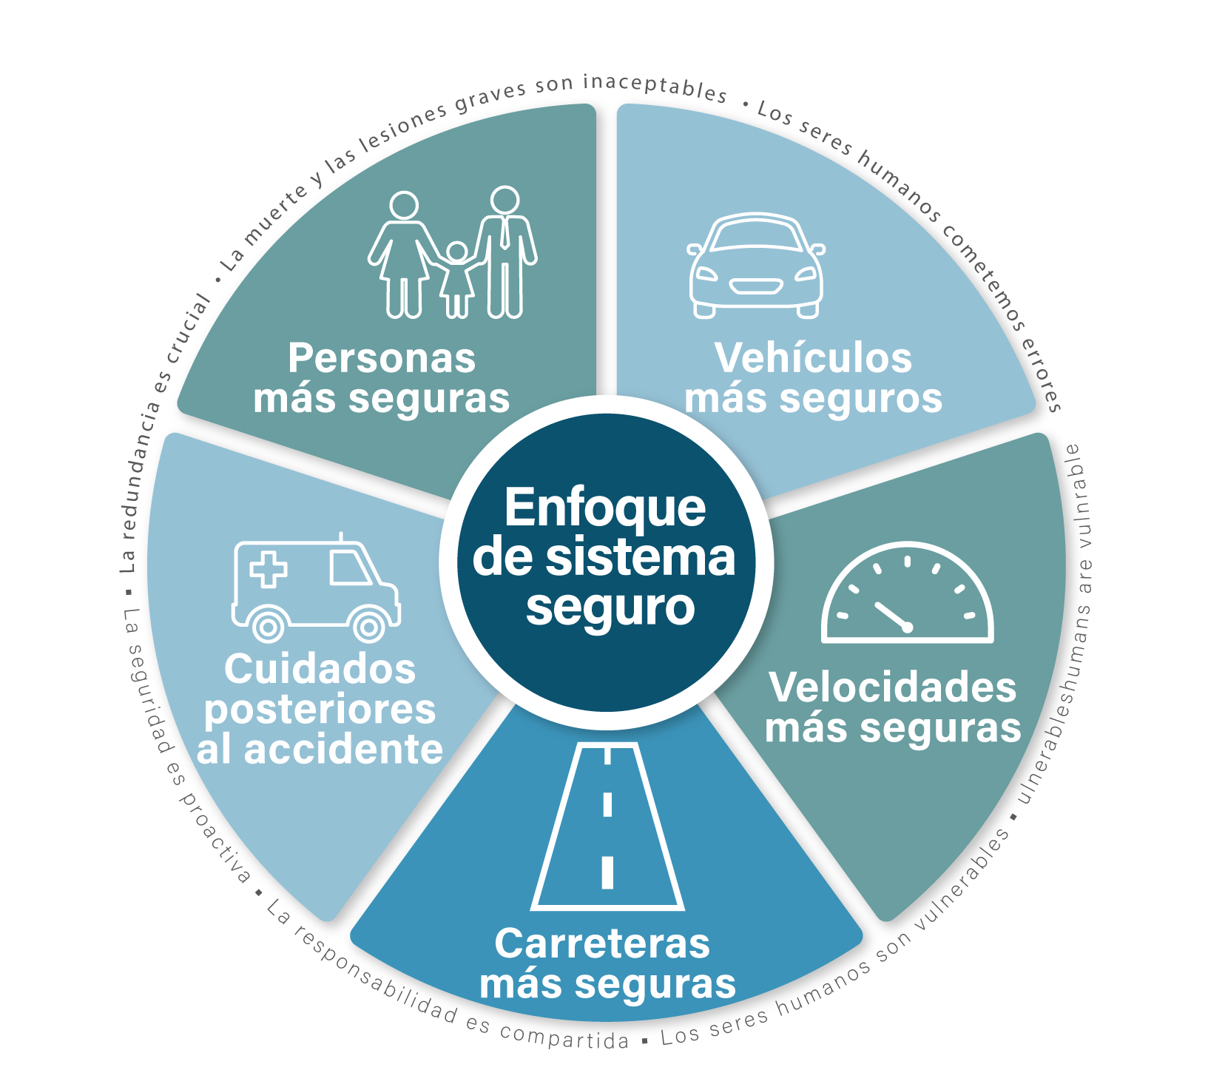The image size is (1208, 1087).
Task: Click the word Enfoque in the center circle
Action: (x=605, y=510)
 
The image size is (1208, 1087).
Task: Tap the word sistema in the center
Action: (x=640, y=558)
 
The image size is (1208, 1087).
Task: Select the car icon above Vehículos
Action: (x=756, y=266)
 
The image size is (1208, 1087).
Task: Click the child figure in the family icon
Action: (x=457, y=277)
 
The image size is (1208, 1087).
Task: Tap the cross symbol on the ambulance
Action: (x=269, y=569)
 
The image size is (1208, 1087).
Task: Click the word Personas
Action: (x=382, y=359)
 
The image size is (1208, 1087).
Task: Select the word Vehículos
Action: (x=813, y=359)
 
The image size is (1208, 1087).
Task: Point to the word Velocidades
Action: (x=893, y=688)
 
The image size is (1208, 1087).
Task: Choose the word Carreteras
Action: (x=602, y=944)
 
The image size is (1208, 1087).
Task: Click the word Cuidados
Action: (x=320, y=670)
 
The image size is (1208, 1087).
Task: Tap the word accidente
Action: (x=343, y=750)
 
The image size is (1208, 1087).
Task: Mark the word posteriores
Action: (x=320, y=710)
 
